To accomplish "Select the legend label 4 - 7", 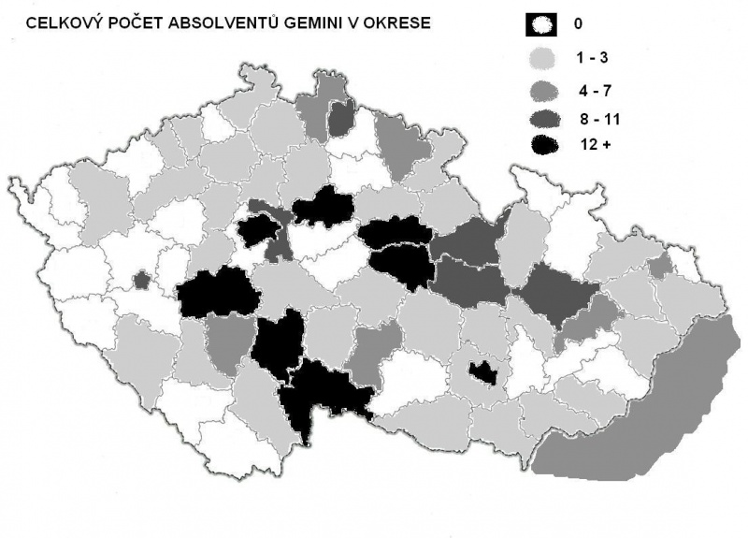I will (x=597, y=91).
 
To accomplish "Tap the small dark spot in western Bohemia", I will (x=142, y=279).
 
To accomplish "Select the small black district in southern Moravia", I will (x=483, y=373).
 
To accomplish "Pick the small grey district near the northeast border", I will (x=660, y=267).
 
